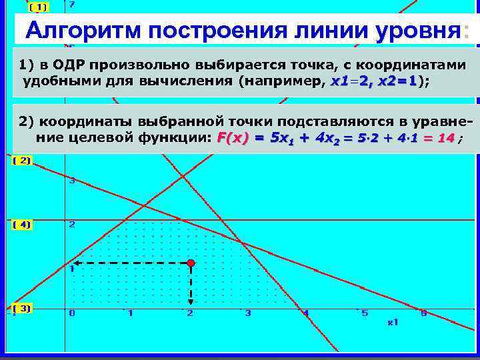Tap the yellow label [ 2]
22,161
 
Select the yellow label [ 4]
22,225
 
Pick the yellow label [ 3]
22,309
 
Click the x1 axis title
393,322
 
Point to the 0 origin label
72,313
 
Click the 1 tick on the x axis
131,313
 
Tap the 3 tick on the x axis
248,313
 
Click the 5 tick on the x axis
365,313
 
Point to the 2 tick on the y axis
72,225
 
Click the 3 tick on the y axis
72,181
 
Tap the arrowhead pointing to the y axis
75,264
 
